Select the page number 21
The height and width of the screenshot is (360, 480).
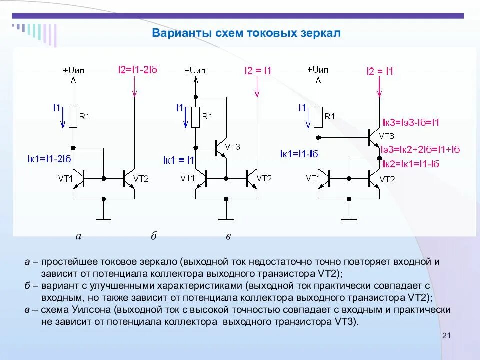pyautogui.click(x=447, y=335)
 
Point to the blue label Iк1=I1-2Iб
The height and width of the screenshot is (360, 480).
pyautogui.click(x=50, y=159)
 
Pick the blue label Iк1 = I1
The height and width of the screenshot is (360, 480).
pyautogui.click(x=178, y=160)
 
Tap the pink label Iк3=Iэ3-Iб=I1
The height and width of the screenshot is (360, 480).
pyautogui.click(x=410, y=122)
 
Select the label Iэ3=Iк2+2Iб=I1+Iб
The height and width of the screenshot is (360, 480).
pyautogui.click(x=420, y=149)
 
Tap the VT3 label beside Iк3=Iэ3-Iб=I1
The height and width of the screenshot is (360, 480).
pyautogui.click(x=386, y=136)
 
